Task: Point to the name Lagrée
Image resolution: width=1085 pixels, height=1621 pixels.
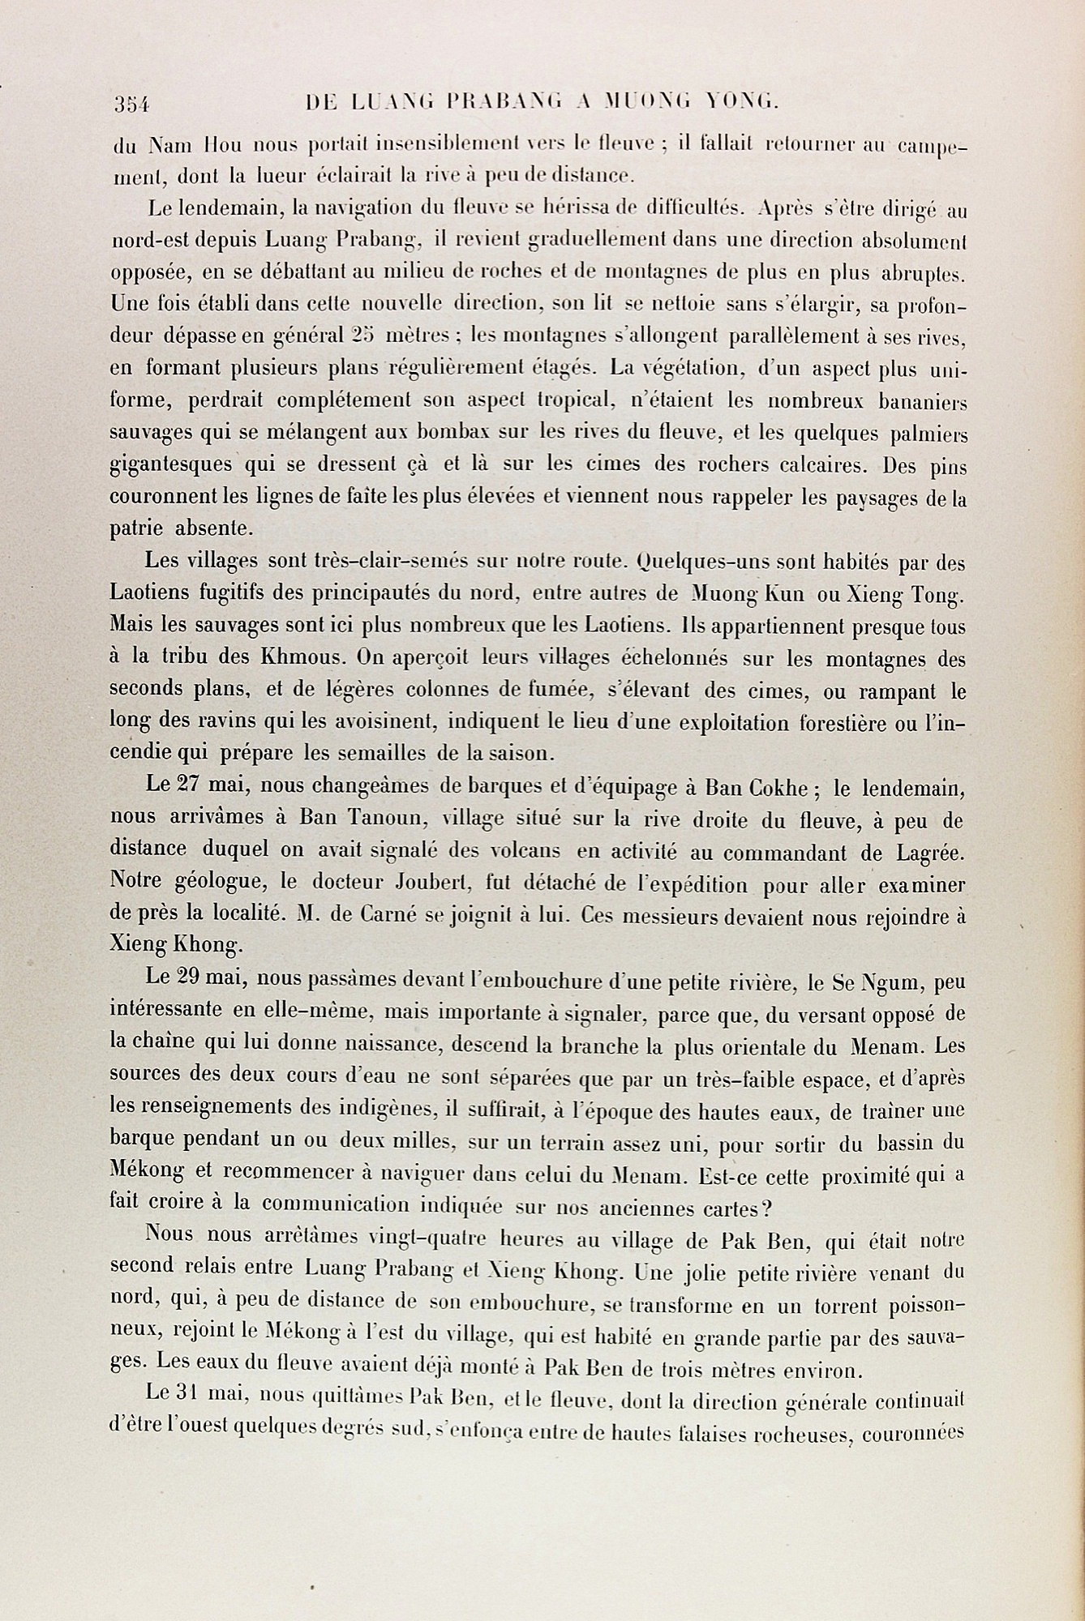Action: point(924,853)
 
